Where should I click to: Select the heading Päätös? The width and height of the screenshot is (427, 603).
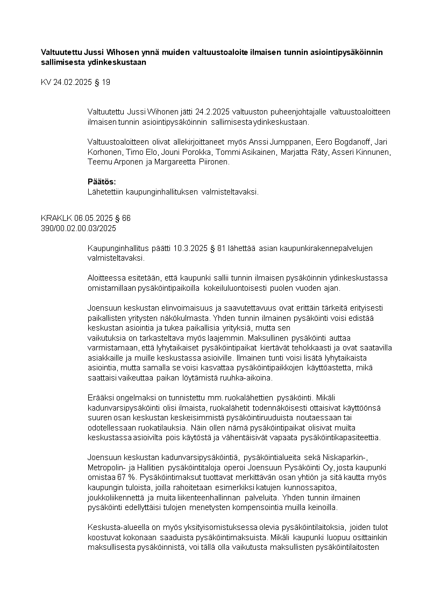click(x=102, y=182)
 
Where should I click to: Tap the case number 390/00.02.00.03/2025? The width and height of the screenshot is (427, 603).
click(x=79, y=228)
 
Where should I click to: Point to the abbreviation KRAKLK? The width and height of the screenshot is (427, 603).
click(x=53, y=219)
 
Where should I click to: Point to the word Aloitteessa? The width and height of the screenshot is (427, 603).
click(x=106, y=278)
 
